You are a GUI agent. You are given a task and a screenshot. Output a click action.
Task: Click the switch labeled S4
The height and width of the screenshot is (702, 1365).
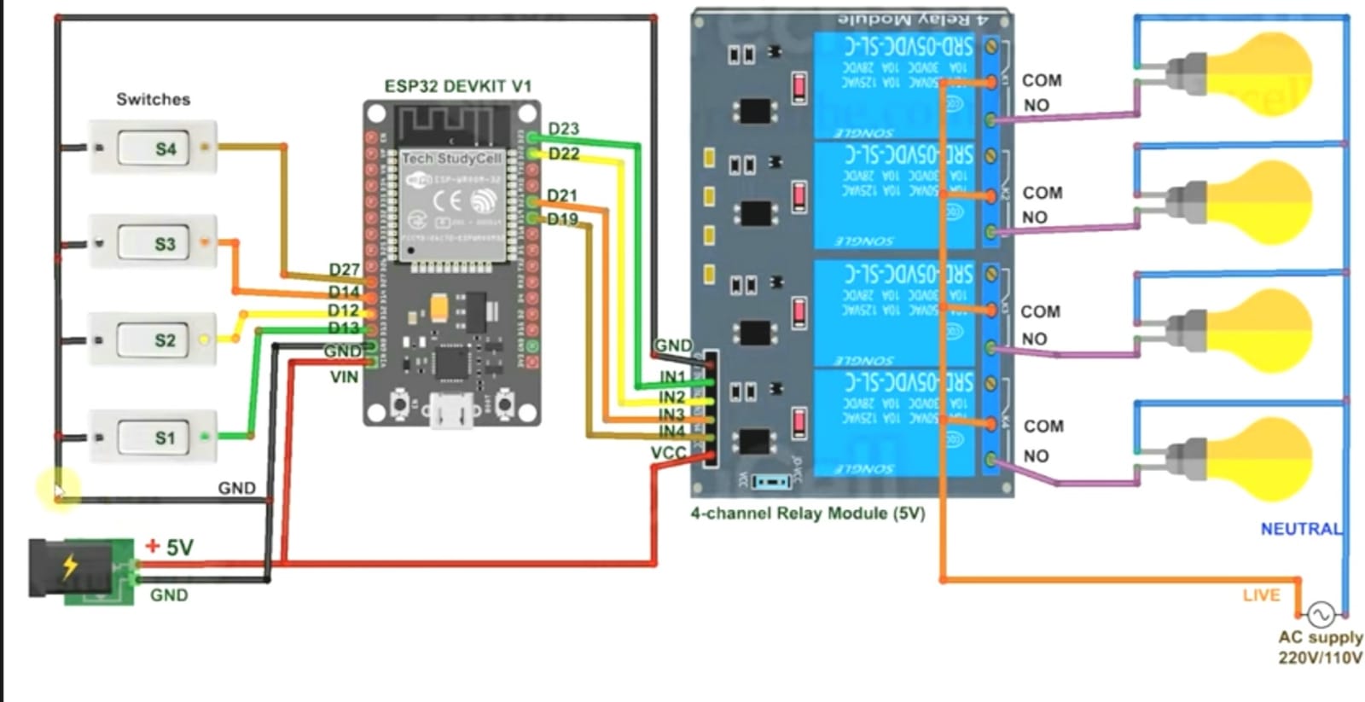(154, 148)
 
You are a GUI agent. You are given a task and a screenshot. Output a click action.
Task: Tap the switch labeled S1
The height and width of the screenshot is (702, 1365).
(154, 438)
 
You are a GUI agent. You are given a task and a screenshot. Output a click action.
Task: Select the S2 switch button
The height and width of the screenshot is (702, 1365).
(154, 340)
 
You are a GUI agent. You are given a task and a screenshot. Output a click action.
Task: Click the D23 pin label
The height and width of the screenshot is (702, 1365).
(563, 129)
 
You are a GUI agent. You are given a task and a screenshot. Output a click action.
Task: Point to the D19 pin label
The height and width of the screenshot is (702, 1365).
(562, 219)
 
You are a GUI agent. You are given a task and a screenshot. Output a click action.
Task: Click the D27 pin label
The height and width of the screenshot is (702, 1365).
(344, 270)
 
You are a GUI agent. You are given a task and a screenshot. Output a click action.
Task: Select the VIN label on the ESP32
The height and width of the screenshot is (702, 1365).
(344, 376)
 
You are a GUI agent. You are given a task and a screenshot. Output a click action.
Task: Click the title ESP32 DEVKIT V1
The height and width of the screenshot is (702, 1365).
(457, 86)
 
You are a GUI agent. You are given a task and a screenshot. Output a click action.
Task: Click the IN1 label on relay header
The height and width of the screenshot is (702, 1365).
(672, 376)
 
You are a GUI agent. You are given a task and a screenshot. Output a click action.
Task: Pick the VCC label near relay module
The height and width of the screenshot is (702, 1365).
(668, 452)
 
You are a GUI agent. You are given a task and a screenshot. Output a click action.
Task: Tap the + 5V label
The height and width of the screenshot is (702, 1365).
(170, 547)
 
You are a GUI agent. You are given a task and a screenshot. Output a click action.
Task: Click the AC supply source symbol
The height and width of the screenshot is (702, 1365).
(1320, 614)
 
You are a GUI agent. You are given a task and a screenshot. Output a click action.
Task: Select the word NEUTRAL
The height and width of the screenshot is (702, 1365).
(1300, 529)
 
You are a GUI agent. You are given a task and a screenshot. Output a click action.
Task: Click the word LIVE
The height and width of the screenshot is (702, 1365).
(1261, 595)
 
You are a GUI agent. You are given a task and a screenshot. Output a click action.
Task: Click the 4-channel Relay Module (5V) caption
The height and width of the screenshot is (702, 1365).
(807, 513)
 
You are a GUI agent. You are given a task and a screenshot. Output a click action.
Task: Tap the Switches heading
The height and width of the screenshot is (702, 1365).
(154, 99)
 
